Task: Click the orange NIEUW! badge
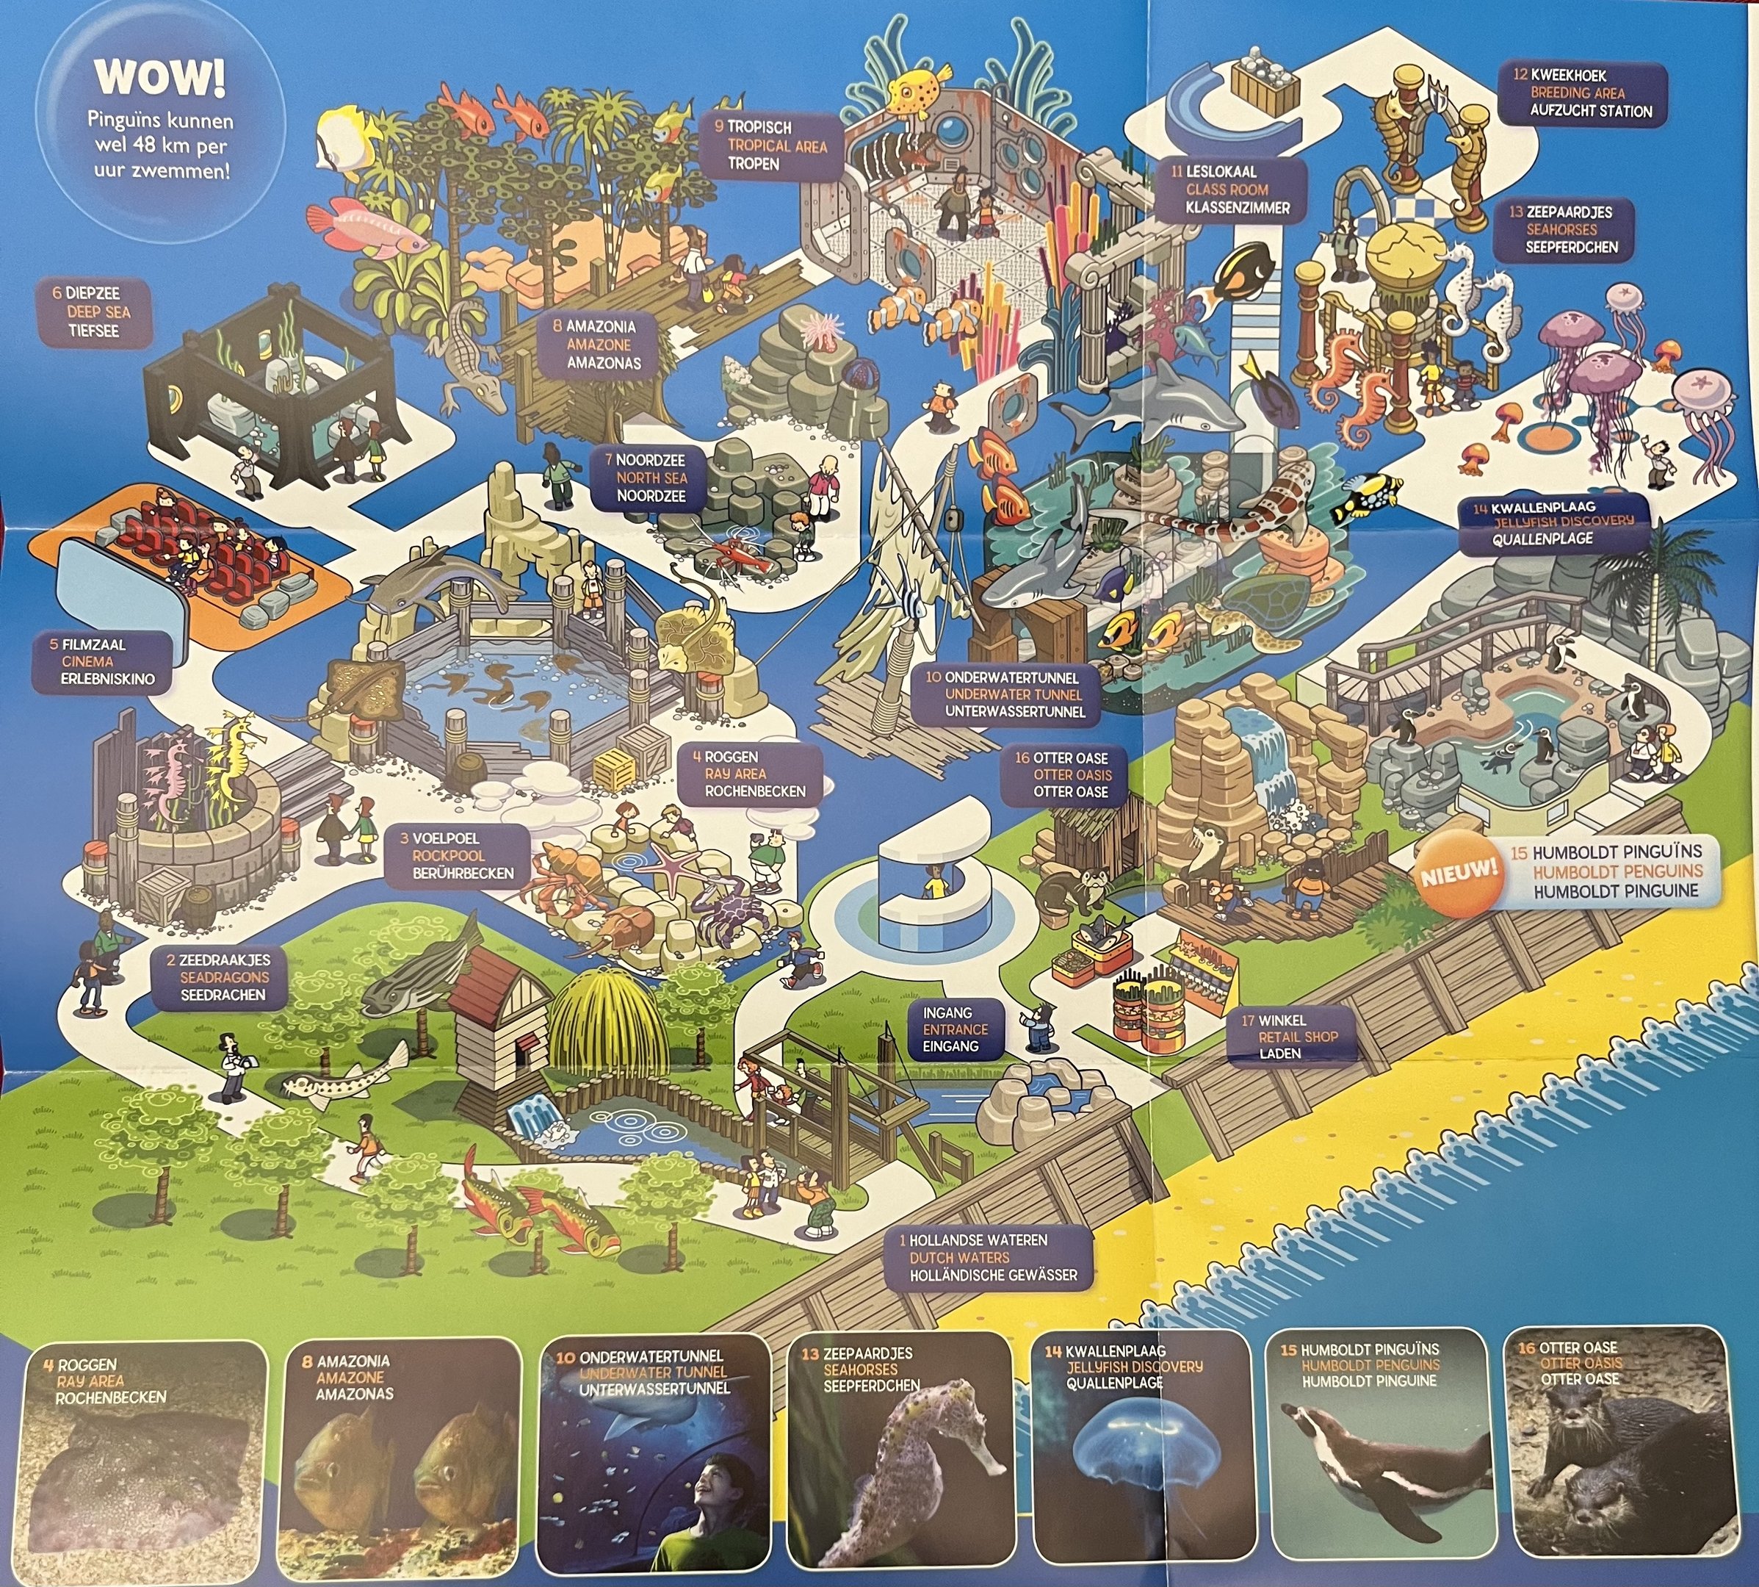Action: point(1457,872)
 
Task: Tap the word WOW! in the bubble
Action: point(159,76)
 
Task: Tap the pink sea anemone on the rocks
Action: point(820,328)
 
